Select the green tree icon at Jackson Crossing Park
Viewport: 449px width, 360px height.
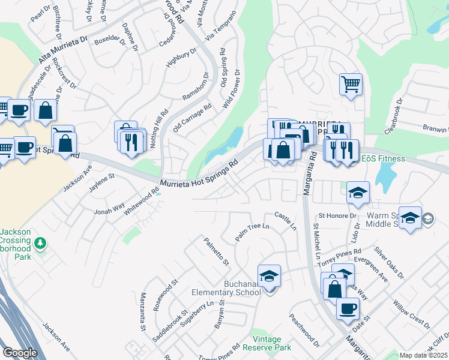pos(40,243)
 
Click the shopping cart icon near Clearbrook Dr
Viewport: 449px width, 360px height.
pos(351,84)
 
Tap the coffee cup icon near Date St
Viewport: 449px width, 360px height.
pos(347,308)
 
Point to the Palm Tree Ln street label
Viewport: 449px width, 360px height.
pos(252,230)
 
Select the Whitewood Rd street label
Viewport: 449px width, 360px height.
pos(142,202)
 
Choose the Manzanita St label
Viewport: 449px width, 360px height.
pos(143,312)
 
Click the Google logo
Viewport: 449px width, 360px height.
pos(20,353)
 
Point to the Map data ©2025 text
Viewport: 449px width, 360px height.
pos(423,355)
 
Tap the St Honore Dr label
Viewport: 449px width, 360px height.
pos(337,215)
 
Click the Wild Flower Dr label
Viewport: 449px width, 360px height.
pos(231,89)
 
